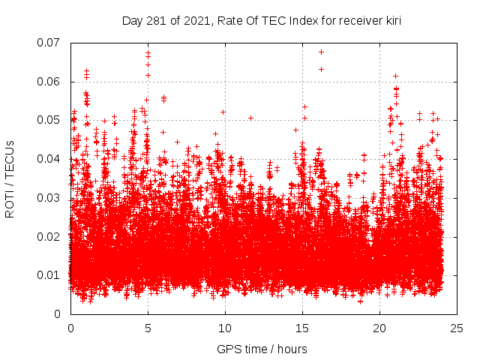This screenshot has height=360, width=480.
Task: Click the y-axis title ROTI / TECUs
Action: (10, 178)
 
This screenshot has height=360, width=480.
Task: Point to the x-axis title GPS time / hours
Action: (262, 349)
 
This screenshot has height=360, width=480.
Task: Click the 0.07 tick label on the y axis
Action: (49, 43)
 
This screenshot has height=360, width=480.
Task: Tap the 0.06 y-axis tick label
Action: (49, 82)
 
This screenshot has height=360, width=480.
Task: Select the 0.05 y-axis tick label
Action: (49, 120)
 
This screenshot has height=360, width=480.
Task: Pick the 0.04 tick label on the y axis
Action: (49, 159)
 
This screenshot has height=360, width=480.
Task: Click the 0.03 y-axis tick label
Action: (49, 198)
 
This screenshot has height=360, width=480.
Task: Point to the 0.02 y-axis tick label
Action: (49, 236)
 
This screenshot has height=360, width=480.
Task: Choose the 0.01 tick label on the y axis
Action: (49, 275)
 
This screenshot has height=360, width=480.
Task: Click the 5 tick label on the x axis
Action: (148, 328)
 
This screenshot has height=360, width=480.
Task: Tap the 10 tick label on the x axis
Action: (225, 328)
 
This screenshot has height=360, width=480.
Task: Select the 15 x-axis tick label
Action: (302, 328)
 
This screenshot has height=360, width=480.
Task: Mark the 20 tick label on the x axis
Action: (379, 328)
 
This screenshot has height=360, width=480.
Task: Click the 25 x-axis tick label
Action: (457, 328)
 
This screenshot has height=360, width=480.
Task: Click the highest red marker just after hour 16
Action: (321, 52)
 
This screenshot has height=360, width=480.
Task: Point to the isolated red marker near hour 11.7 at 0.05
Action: (250, 118)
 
